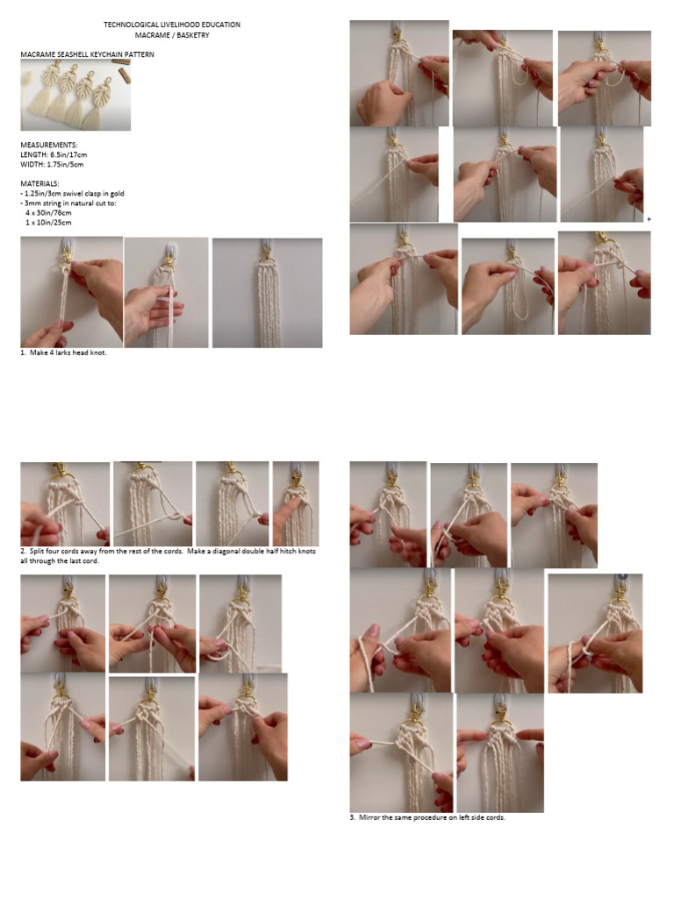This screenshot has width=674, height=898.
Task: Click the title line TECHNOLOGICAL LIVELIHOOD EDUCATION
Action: click(172, 25)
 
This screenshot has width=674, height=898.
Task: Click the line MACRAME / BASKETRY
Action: click(172, 35)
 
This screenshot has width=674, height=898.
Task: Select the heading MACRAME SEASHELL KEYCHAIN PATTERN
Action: click(87, 54)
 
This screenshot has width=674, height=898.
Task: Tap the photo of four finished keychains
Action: click(75, 95)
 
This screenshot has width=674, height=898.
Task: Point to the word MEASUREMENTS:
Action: click(49, 145)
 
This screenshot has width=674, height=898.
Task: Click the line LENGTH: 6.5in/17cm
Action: click(54, 154)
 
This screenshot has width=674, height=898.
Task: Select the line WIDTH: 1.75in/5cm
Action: click(52, 164)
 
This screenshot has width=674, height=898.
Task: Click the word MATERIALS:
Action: click(39, 184)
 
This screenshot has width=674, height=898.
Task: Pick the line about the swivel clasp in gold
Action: click(72, 194)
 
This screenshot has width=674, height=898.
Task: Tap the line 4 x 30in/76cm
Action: click(48, 213)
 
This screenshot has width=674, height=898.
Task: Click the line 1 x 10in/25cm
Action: click(48, 223)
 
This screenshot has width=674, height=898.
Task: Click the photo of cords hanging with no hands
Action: click(267, 293)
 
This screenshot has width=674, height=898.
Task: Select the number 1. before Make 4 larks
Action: click(24, 353)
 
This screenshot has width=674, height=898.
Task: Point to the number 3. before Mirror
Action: click(353, 818)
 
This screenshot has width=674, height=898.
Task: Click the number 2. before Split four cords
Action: click(24, 552)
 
